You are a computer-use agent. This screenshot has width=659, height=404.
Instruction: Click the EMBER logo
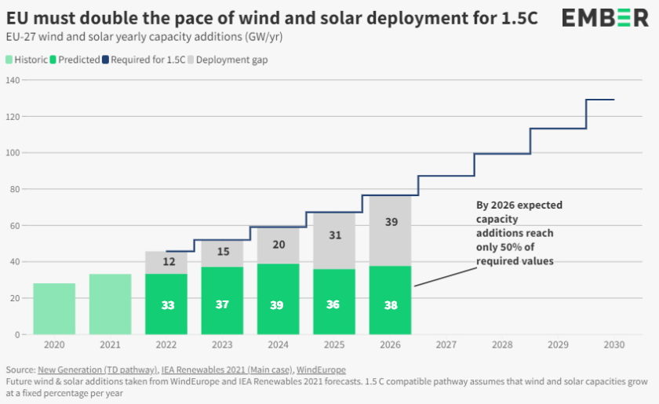click(606, 18)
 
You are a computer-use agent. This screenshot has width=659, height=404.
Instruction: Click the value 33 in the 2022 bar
click(167, 304)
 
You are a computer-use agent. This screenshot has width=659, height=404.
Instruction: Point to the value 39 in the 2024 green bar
click(278, 304)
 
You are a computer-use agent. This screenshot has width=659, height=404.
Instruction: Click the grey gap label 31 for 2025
click(333, 235)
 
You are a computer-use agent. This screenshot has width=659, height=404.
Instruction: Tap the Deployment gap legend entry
click(231, 60)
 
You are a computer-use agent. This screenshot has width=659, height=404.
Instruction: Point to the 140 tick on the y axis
click(13, 80)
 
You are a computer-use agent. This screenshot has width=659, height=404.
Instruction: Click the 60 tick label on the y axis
click(15, 225)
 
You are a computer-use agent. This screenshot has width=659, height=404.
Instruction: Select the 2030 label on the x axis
click(613, 344)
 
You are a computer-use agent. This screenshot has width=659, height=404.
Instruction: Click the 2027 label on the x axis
click(446, 344)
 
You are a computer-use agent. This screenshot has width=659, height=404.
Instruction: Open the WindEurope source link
click(321, 369)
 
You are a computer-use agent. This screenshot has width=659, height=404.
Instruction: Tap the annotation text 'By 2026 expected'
click(519, 206)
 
